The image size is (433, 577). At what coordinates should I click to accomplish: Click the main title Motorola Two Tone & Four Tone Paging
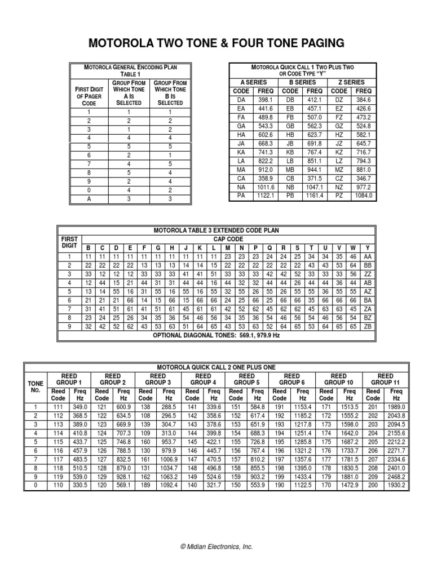[x=216, y=43]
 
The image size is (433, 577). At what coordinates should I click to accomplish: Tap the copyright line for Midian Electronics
[x=216, y=547]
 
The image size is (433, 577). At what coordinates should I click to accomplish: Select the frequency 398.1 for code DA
[x=266, y=99]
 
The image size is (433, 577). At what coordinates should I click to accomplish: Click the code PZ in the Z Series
[x=339, y=196]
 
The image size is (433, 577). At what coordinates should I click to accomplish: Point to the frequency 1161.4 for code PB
[x=314, y=196]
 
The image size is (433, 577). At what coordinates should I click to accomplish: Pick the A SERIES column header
[x=253, y=82]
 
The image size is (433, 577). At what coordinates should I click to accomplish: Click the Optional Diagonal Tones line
[x=217, y=335]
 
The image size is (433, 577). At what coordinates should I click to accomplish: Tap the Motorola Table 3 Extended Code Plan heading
[x=216, y=231]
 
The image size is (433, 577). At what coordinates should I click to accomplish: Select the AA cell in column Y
[x=368, y=256]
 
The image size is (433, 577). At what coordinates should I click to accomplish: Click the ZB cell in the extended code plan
[x=368, y=326]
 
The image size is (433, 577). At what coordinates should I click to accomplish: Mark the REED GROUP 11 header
[x=385, y=379]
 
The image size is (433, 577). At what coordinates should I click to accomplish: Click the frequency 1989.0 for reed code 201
[x=396, y=407]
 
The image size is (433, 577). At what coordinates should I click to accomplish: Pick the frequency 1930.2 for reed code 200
[x=396, y=485]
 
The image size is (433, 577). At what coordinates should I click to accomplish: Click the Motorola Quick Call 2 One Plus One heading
[x=216, y=367]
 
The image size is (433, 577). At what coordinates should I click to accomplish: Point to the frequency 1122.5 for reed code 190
[x=303, y=485]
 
